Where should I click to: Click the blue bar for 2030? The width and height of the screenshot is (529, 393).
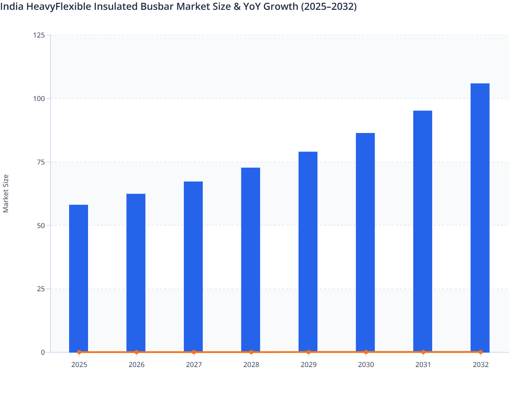365,242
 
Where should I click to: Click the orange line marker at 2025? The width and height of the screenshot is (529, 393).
79,352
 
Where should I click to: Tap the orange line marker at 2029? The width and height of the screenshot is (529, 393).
309,352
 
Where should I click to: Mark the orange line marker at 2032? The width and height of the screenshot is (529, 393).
481,352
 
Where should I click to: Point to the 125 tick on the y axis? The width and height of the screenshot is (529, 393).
39,35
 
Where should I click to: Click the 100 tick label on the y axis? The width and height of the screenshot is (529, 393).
39,99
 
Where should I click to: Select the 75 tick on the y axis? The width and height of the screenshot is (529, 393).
41,162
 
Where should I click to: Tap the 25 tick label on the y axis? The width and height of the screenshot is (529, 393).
41,289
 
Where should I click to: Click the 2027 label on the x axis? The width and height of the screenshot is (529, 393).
194,365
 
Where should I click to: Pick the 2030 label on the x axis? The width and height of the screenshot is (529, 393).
366,365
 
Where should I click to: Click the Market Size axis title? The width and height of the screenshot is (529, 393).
6,194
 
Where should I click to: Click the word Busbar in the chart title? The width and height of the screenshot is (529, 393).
157,6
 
